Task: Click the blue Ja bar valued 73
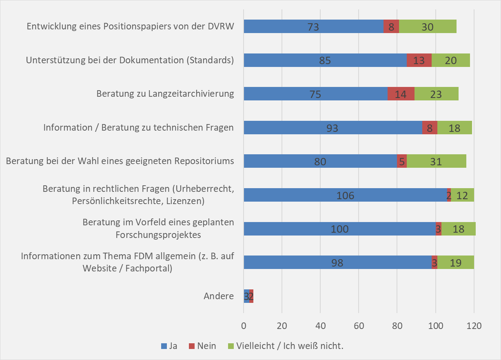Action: (313, 27)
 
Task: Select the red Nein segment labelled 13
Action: (419, 60)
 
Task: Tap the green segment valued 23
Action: (436, 94)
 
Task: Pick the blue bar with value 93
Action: (333, 128)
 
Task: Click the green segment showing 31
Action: (436, 161)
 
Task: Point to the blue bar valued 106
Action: (345, 195)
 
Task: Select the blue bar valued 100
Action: (339, 229)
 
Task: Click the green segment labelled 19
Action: (455, 262)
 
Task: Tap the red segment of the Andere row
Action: (251, 296)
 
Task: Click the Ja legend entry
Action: (169, 346)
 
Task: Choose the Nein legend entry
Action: (202, 346)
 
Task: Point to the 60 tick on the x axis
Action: (359, 326)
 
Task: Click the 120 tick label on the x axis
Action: (474, 326)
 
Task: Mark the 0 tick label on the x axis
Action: (244, 326)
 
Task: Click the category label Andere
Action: (219, 296)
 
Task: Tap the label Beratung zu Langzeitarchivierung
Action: (165, 94)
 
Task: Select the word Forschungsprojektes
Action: (158, 235)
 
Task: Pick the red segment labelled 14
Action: (401, 94)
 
